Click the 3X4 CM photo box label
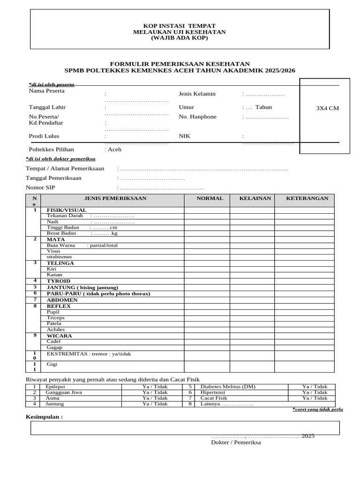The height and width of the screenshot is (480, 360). pyautogui.click(x=327, y=108)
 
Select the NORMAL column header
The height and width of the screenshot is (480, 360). pyautogui.click(x=210, y=199)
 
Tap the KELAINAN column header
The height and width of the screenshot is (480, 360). pyautogui.click(x=255, y=199)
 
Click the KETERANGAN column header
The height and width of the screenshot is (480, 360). pyautogui.click(x=307, y=199)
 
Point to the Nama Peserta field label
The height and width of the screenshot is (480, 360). pyautogui.click(x=46, y=91)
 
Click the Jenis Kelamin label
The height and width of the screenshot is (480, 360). pyautogui.click(x=197, y=94)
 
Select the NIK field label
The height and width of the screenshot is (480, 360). pyautogui.click(x=184, y=136)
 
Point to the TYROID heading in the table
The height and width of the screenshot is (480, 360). pyautogui.click(x=58, y=281)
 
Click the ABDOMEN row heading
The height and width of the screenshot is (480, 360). pyautogui.click(x=62, y=300)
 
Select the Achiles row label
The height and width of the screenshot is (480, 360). pyautogui.click(x=56, y=330)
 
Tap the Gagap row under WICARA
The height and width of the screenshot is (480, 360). pyautogui.click(x=54, y=347)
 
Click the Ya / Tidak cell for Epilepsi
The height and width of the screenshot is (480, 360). pyautogui.click(x=155, y=387)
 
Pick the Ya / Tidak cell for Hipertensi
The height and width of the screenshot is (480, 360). pyautogui.click(x=315, y=392)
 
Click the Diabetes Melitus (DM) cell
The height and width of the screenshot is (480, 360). pyautogui.click(x=228, y=387)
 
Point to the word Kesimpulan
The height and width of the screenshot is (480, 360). pyautogui.click(x=44, y=417)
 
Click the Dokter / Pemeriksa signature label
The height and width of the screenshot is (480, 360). pyautogui.click(x=236, y=442)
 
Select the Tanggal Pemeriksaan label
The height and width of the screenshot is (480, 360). pyautogui.click(x=53, y=178)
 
